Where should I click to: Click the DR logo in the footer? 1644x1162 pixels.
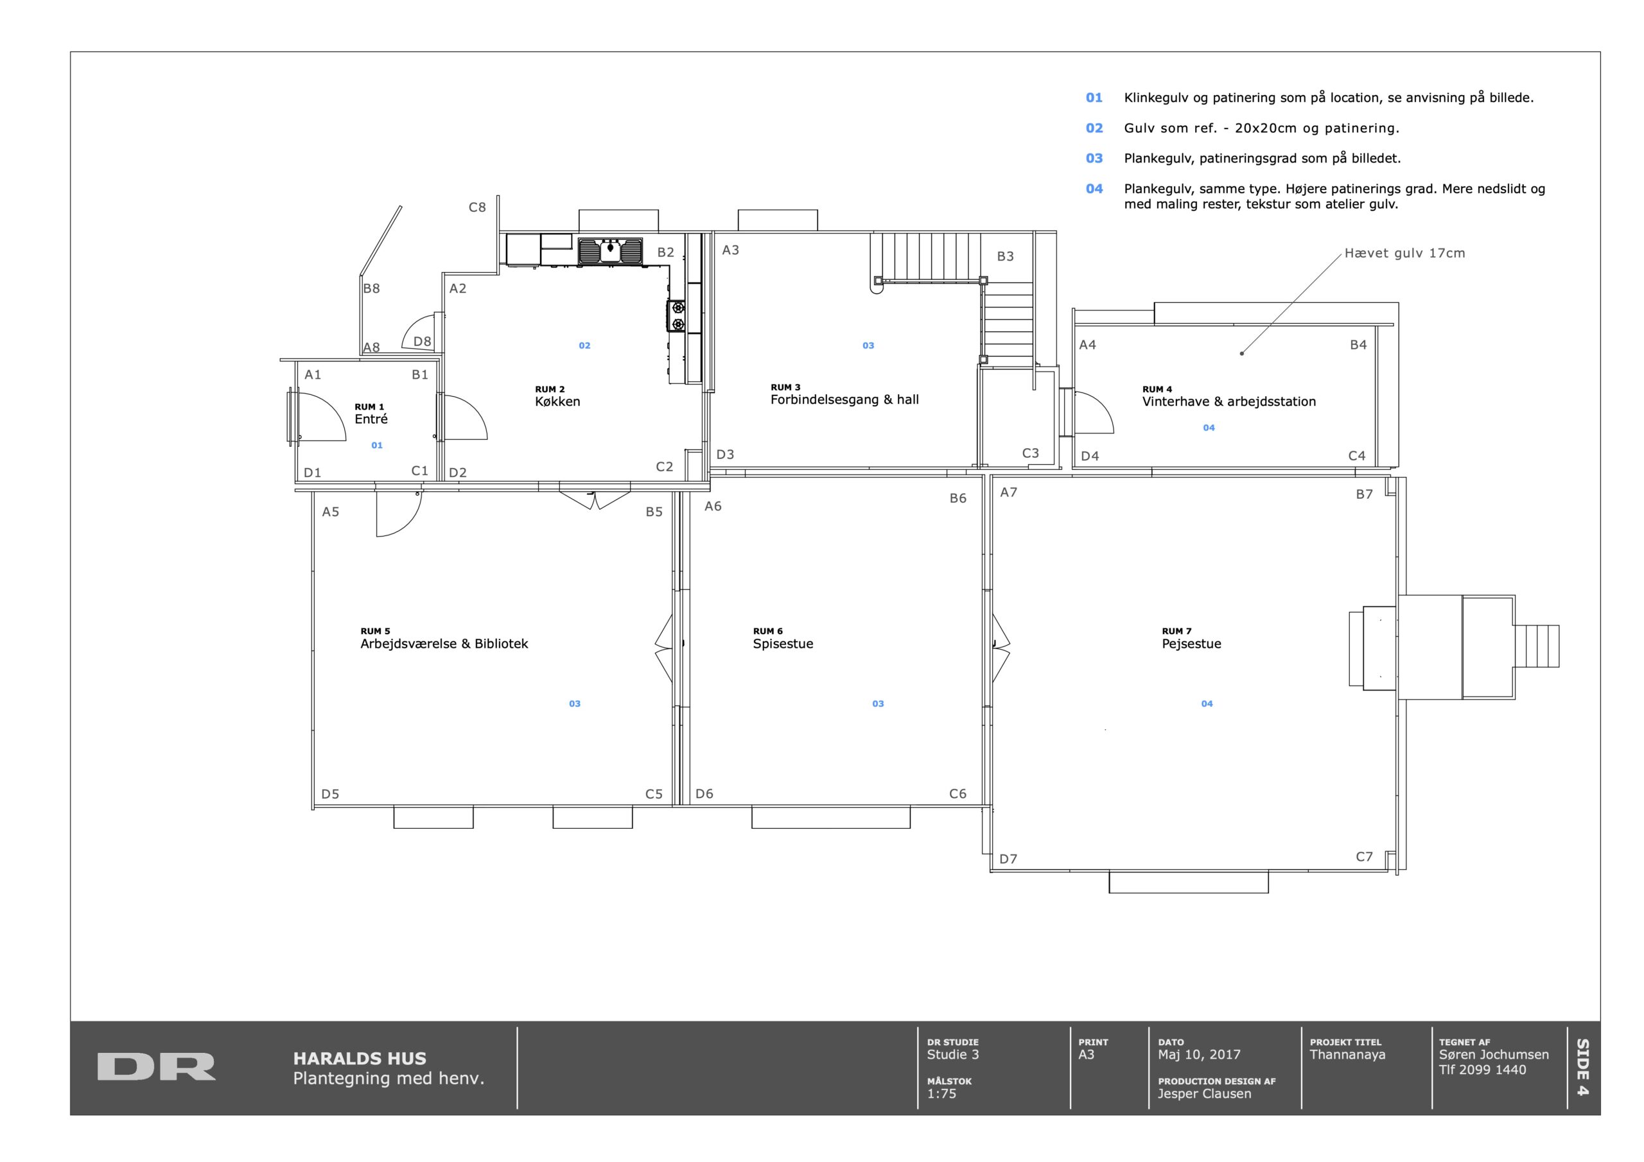pyautogui.click(x=156, y=1066)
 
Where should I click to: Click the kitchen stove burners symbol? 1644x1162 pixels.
pyautogui.click(x=677, y=316)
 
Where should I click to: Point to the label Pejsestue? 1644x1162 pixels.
pyautogui.click(x=1191, y=644)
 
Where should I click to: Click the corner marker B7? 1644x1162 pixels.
pyautogui.click(x=1364, y=494)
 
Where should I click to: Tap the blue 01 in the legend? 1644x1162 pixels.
pyautogui.click(x=1094, y=98)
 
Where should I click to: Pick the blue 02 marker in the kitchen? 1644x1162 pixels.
pyautogui.click(x=584, y=346)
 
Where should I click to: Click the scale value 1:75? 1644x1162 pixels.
pyautogui.click(x=941, y=1093)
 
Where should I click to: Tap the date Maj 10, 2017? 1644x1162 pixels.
pyautogui.click(x=1200, y=1054)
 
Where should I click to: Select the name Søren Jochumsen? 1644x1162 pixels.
pyautogui.click(x=1494, y=1054)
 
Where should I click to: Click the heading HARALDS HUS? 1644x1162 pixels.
pyautogui.click(x=360, y=1058)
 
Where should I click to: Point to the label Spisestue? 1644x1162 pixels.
pyautogui.click(x=783, y=644)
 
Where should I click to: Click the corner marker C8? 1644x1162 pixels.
pyautogui.click(x=477, y=207)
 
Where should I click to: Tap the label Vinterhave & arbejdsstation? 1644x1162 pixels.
pyautogui.click(x=1229, y=402)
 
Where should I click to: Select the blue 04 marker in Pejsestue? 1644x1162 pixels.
pyautogui.click(x=1207, y=704)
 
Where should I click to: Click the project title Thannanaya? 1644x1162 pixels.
pyautogui.click(x=1347, y=1055)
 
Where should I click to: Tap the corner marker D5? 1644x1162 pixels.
pyautogui.click(x=330, y=793)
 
